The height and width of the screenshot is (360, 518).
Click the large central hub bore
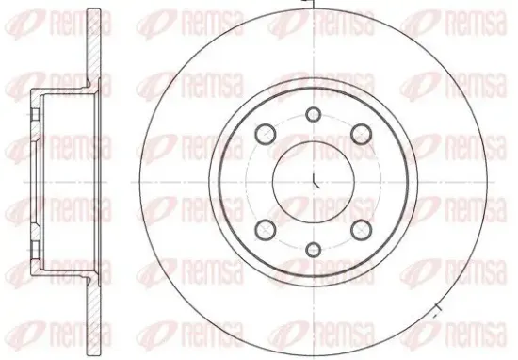314,182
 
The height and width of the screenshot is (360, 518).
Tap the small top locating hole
313,114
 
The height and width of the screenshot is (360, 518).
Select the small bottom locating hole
313,249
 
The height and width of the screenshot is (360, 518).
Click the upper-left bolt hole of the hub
266,134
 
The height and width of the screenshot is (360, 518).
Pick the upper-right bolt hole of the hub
361,134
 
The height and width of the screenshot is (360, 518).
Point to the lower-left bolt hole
266,230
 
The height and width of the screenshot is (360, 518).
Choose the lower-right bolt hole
361,230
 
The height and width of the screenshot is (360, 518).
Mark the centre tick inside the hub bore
316,181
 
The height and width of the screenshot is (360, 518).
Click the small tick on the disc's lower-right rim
437,309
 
